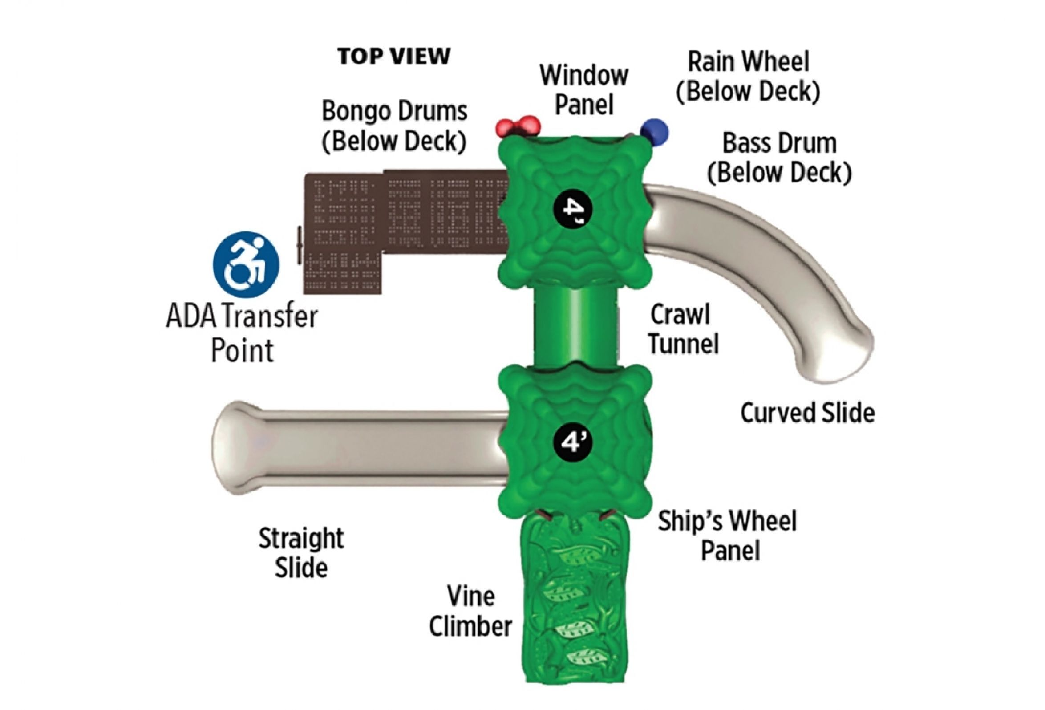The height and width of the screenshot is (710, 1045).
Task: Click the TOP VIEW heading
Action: (x=394, y=57)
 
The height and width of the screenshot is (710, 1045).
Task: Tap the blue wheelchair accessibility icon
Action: (x=246, y=264)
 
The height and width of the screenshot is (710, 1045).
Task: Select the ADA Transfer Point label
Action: (x=243, y=334)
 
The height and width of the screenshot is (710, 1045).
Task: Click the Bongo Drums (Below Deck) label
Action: (x=394, y=126)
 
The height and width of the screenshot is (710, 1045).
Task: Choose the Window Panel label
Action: (x=583, y=89)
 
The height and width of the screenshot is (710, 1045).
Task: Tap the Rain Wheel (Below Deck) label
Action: (x=748, y=77)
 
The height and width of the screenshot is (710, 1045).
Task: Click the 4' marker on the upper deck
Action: (x=573, y=207)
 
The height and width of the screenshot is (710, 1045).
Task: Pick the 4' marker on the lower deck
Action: (x=573, y=442)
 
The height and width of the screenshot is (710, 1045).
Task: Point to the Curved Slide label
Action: (x=807, y=413)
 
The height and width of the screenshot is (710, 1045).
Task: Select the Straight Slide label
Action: (x=301, y=552)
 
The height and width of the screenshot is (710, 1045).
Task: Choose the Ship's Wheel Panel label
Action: (x=728, y=535)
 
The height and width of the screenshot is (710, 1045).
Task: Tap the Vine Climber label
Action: (x=471, y=611)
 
